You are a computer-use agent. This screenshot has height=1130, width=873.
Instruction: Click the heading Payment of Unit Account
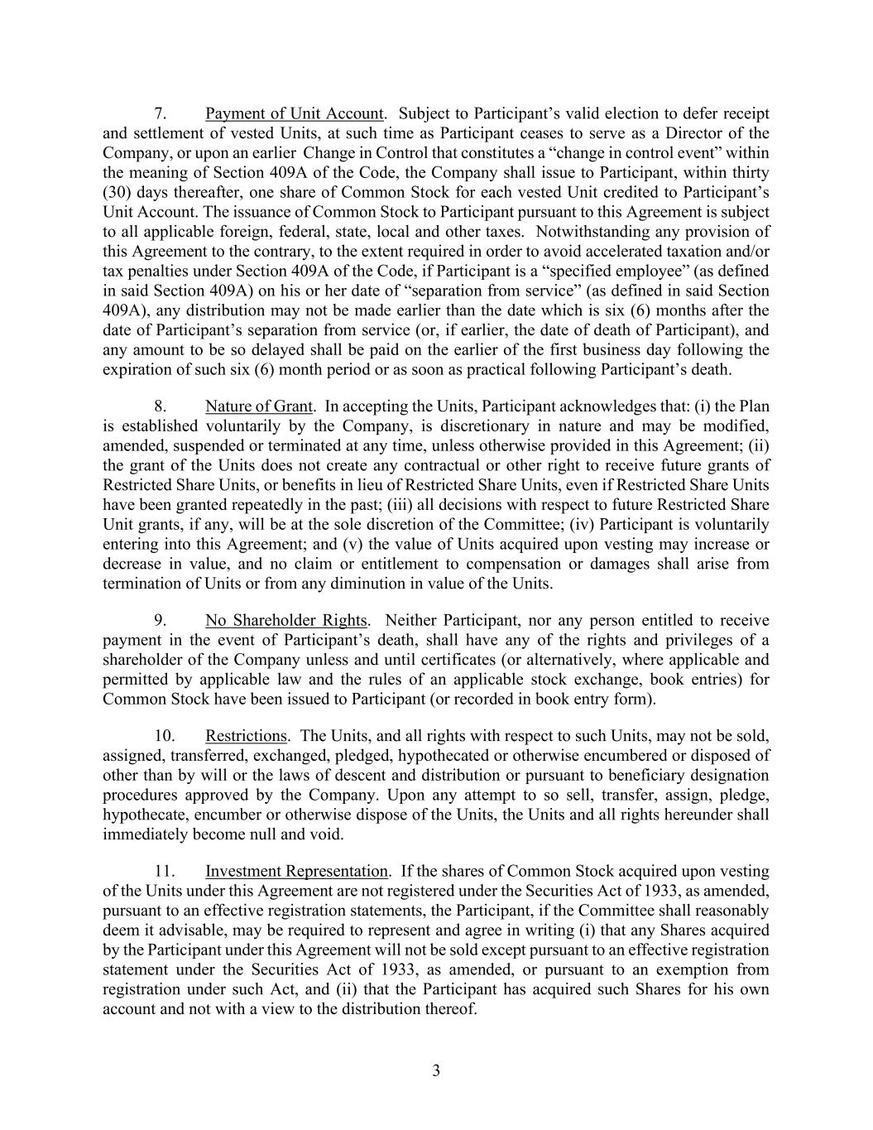point(295,113)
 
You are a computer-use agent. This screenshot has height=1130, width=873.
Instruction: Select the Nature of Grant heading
point(259,406)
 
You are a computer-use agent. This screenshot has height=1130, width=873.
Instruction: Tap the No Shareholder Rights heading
point(285,620)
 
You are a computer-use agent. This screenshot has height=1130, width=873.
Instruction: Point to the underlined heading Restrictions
point(246,735)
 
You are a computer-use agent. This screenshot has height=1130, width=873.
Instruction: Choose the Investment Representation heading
point(296,871)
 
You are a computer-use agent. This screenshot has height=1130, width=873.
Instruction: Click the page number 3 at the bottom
point(436,1071)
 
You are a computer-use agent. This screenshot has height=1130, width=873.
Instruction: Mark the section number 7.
point(162,113)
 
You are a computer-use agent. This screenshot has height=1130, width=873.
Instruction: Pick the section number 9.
point(162,620)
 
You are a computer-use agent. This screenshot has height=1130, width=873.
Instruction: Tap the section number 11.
point(164,871)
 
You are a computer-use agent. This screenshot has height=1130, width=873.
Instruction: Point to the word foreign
point(247,232)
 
